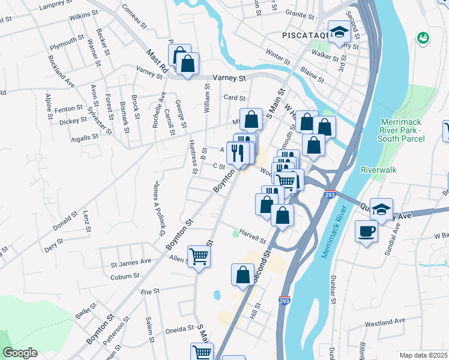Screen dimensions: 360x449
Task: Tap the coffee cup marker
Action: (366, 231)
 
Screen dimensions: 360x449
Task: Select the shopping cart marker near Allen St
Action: (199, 257)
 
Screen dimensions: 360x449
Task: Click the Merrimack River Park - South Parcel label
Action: (401, 130)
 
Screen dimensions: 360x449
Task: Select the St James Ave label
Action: (131, 262)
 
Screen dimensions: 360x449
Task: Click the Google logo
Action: (19, 353)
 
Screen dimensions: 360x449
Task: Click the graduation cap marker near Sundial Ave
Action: (381, 210)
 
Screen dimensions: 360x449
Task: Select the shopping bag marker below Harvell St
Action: (243, 275)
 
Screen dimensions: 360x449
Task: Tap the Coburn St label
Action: (125, 277)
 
